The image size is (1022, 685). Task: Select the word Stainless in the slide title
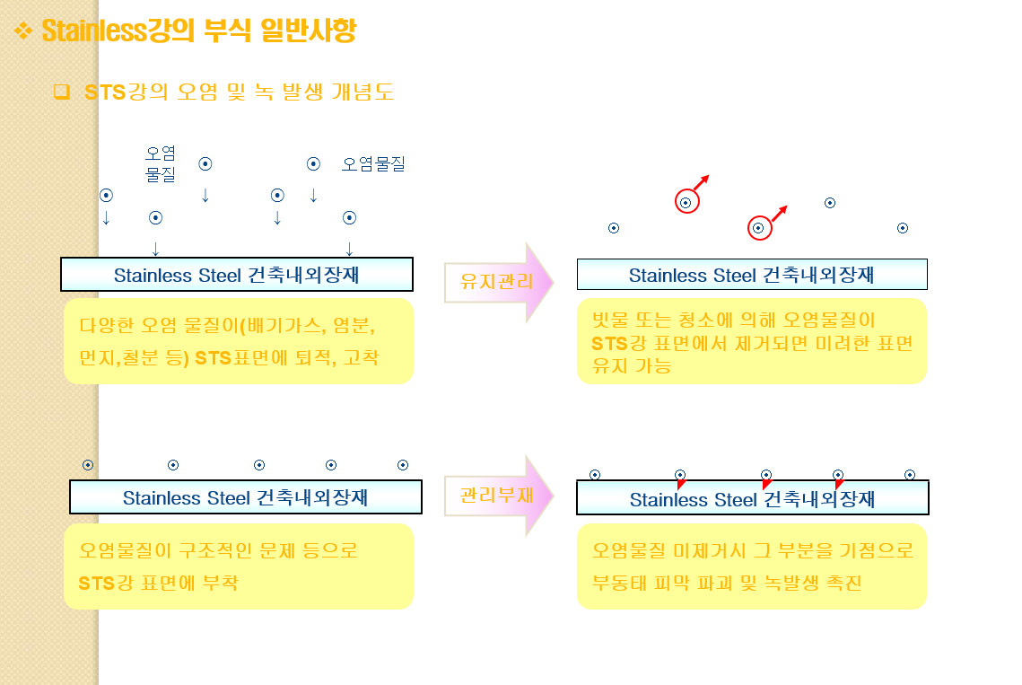tap(93, 31)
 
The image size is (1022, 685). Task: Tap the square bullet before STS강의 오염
tap(61, 92)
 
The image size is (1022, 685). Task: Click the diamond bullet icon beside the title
tap(23, 31)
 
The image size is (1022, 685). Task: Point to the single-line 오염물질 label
tap(373, 164)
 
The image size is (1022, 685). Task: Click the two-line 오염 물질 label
tap(161, 163)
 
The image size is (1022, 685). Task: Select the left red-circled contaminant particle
tap(686, 203)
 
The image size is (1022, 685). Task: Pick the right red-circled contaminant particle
tap(759, 229)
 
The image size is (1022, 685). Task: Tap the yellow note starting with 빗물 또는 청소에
tap(751, 342)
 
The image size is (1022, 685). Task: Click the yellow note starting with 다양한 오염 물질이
tap(239, 341)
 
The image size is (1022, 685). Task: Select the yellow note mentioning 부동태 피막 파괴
tap(751, 566)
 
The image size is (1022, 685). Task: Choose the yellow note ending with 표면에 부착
tap(239, 566)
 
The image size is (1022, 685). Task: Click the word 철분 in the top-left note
tap(135, 358)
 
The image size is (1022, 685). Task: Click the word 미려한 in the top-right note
tap(837, 343)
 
